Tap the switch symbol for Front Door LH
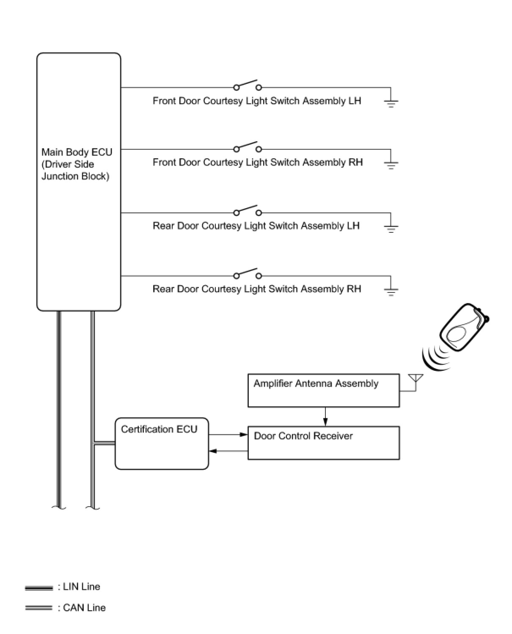[x=248, y=85]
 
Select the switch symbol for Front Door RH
[x=248, y=147]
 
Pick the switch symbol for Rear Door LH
[x=248, y=211]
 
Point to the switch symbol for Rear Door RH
[x=248, y=274]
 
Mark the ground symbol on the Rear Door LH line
[x=391, y=227]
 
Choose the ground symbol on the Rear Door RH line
[x=391, y=290]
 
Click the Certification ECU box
[x=162, y=444]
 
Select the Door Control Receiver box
[x=323, y=443]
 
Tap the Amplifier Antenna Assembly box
[x=323, y=390]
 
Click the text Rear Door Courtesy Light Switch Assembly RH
[x=256, y=289]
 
